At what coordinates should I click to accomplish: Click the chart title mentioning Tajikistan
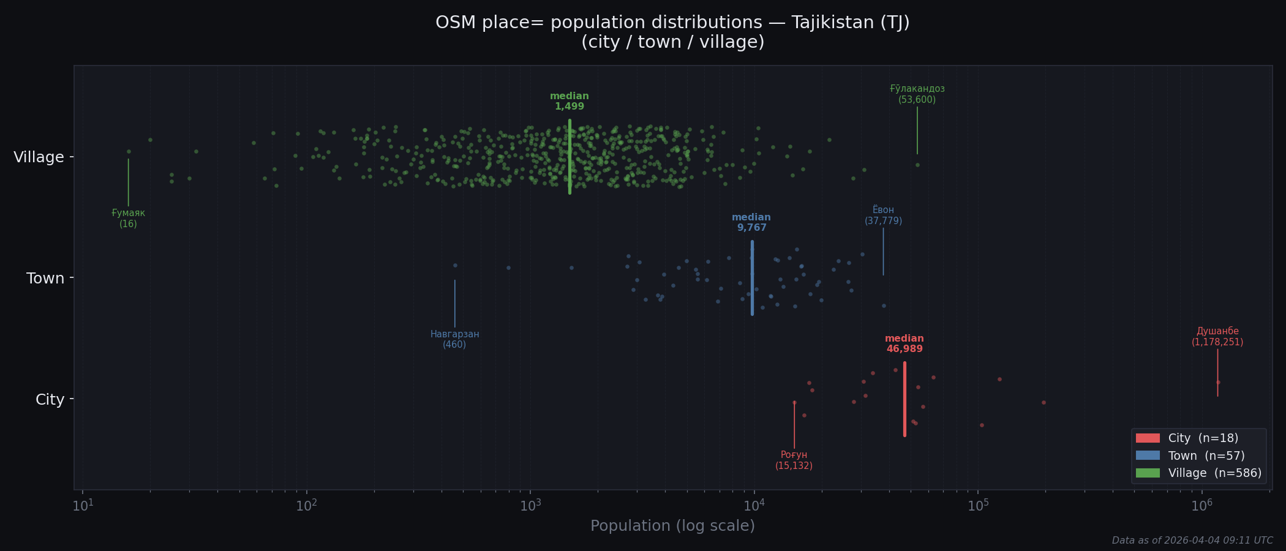[672, 32]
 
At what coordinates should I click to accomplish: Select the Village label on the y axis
[39, 157]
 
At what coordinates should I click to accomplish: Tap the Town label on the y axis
[45, 279]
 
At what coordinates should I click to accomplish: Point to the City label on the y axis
[50, 400]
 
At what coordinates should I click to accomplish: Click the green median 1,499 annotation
[570, 102]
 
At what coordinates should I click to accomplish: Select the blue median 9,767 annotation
[751, 223]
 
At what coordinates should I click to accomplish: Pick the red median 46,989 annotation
[904, 344]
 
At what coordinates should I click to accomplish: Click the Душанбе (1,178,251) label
[1217, 337]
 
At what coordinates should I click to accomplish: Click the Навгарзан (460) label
[454, 339]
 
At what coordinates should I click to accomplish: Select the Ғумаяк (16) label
[129, 219]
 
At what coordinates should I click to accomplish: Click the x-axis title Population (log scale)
[672, 526]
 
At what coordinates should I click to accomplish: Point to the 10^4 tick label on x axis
[754, 505]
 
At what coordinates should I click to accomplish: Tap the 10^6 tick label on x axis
[1201, 505]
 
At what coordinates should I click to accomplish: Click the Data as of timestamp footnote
[1192, 541]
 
